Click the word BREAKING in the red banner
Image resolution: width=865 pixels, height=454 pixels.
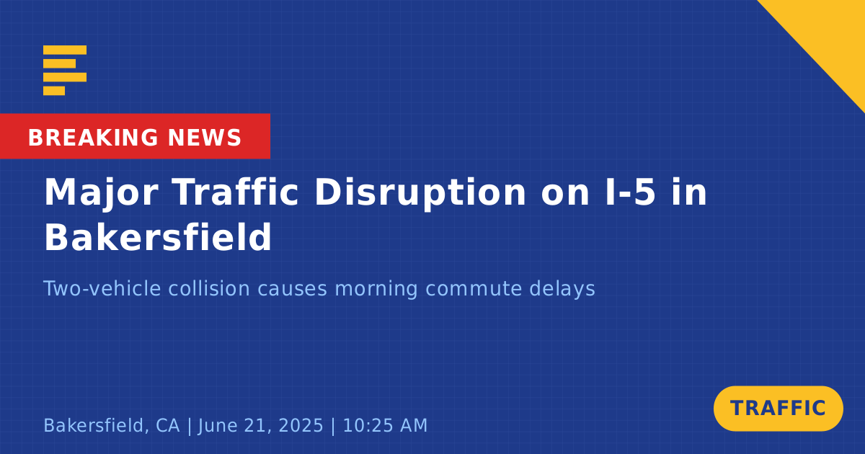93,138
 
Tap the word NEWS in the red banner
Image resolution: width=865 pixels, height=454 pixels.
205,138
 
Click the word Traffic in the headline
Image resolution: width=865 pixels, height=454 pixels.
235,192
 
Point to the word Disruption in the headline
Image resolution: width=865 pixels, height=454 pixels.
420,193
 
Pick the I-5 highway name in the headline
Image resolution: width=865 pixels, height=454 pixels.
630,192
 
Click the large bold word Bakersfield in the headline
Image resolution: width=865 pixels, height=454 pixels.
159,237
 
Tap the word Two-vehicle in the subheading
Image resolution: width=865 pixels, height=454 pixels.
102,288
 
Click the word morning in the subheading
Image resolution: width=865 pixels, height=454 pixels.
376,289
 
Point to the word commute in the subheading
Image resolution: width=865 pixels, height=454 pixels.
474,289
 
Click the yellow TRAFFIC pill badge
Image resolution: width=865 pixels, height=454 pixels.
778,408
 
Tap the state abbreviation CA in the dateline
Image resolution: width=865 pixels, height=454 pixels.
167,425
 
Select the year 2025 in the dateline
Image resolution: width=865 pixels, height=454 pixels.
301,425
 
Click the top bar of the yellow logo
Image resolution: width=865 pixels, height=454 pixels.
65,50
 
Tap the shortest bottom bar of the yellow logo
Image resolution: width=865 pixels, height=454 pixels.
54,91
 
